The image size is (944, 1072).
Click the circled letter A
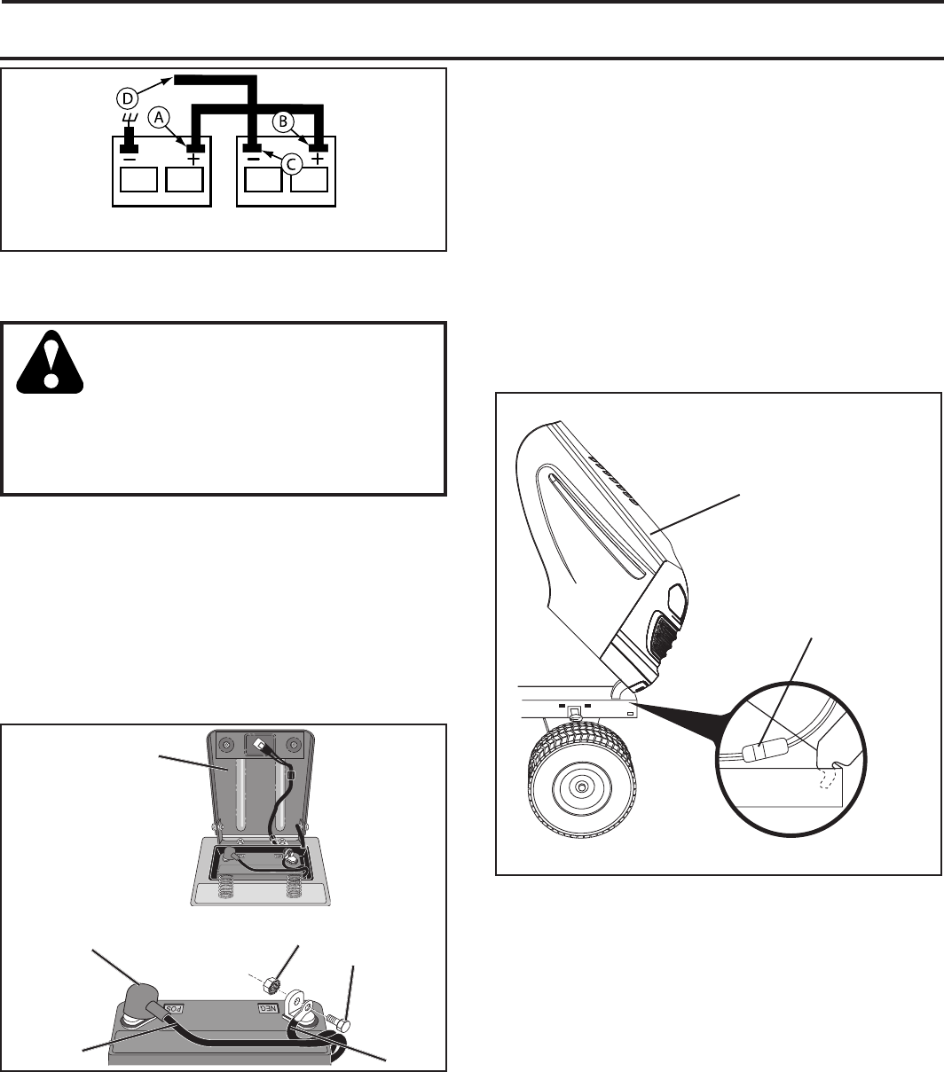coord(159,118)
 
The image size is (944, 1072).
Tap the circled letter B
coord(283,121)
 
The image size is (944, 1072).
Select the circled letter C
coord(291,165)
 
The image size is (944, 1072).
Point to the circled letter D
coord(127,98)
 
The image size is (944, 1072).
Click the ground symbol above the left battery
coord(130,117)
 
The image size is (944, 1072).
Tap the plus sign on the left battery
coord(193,159)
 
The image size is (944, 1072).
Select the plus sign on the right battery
coord(317,159)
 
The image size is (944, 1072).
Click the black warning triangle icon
coord(50,362)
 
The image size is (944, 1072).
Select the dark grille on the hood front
coord(663,639)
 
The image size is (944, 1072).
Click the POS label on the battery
coord(174,1009)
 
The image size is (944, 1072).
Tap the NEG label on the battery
coord(267,1008)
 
